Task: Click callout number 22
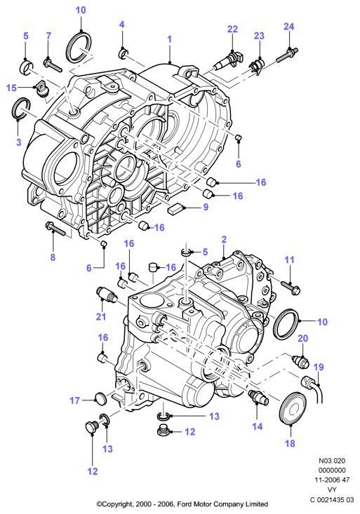click(x=232, y=29)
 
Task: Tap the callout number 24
click(x=289, y=27)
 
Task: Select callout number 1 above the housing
click(x=169, y=39)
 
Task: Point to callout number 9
click(x=206, y=207)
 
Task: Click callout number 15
click(x=11, y=88)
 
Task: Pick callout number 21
click(x=101, y=316)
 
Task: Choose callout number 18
click(x=290, y=443)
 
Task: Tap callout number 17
click(x=75, y=400)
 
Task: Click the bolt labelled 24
click(x=287, y=55)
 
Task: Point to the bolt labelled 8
click(x=56, y=229)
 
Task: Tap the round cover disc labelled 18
click(x=293, y=408)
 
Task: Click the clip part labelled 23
click(x=257, y=67)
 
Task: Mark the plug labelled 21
click(x=106, y=292)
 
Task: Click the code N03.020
click(x=332, y=461)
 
